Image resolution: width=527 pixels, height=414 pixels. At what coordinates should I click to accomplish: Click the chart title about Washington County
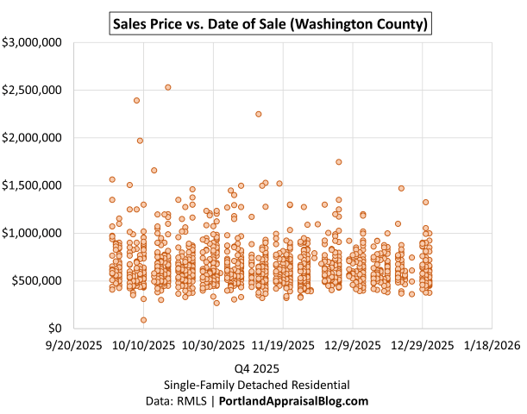click(x=270, y=23)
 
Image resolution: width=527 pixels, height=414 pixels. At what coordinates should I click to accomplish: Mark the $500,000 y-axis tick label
click(x=35, y=280)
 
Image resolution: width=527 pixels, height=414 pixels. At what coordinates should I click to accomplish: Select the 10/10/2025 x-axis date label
click(x=143, y=345)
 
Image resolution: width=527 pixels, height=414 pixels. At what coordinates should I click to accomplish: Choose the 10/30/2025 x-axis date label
click(x=213, y=345)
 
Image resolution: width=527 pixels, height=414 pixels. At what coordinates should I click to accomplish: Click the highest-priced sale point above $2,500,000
click(x=168, y=87)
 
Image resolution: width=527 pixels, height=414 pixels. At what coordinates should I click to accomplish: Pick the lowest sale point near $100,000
click(x=143, y=320)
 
